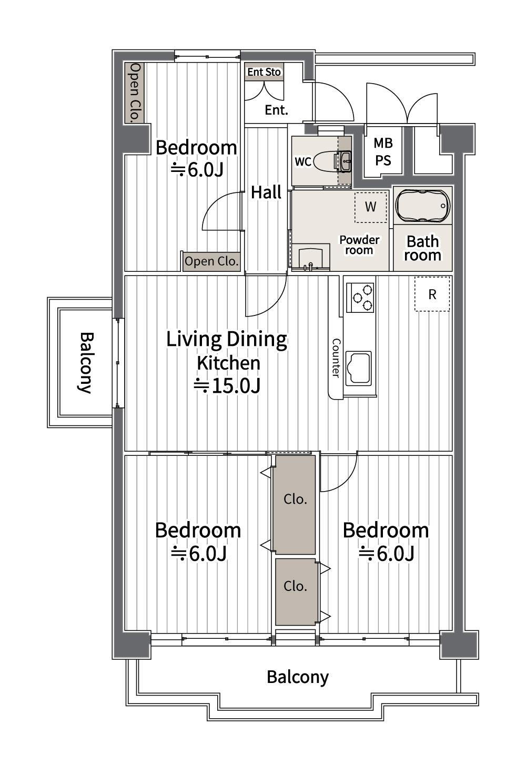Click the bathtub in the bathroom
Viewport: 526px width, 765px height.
tap(422, 205)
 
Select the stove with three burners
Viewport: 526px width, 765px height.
tap(360, 297)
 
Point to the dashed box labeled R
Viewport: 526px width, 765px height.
tap(432, 294)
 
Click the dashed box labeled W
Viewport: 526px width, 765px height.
tap(371, 207)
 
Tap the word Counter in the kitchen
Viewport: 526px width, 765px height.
tap(336, 358)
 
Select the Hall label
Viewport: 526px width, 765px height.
tap(266, 192)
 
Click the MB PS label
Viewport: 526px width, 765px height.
tap(383, 151)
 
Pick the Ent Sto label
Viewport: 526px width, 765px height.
tap(264, 72)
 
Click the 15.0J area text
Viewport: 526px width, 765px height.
tap(227, 386)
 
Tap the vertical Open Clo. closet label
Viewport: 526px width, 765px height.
tap(135, 93)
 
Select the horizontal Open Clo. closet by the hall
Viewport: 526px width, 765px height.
tap(211, 262)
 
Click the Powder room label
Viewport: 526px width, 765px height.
tap(359, 245)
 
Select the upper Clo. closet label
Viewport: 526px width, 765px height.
tap(295, 499)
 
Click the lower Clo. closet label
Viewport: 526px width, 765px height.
tap(295, 586)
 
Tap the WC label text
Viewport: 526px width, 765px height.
tap(303, 161)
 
